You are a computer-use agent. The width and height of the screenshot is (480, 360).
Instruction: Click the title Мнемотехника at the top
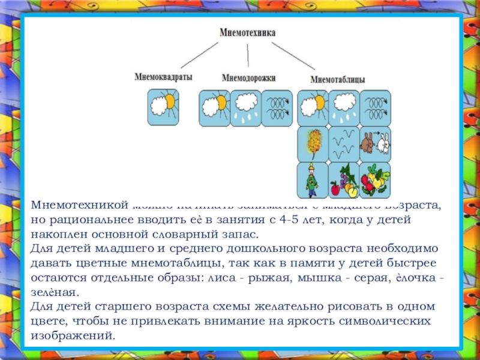pyautogui.click(x=247, y=34)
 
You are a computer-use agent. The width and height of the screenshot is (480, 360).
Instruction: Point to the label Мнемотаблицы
pyautogui.click(x=338, y=79)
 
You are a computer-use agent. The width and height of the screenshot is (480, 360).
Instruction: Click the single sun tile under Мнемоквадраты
pyautogui.click(x=163, y=107)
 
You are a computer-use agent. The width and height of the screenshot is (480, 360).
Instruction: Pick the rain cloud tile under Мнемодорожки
pyautogui.click(x=245, y=107)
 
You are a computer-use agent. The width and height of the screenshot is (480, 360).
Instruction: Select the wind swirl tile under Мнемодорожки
pyautogui.click(x=277, y=107)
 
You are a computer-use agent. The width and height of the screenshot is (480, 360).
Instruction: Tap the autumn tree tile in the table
pyautogui.click(x=313, y=143)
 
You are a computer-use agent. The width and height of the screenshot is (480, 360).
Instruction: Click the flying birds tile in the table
pyautogui.click(x=344, y=143)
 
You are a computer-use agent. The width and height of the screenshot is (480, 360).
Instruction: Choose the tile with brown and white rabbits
pyautogui.click(x=375, y=143)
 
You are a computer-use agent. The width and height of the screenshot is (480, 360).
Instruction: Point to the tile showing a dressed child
pyautogui.click(x=313, y=179)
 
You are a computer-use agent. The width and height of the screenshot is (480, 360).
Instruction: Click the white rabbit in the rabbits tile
pyautogui.click(x=383, y=144)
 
